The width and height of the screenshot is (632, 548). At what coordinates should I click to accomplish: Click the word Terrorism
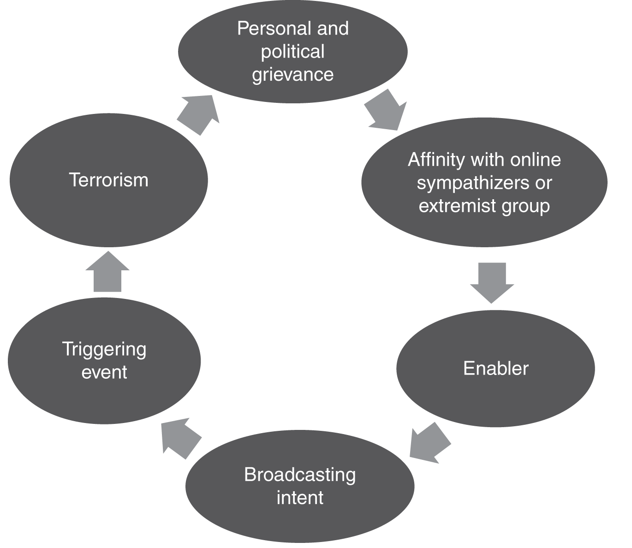coord(108,180)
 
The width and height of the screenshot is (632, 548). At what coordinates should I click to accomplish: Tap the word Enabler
coord(495,368)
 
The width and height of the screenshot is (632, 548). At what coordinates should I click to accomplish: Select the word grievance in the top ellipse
coord(292,75)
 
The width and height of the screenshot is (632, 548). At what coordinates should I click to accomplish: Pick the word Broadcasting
coord(300,475)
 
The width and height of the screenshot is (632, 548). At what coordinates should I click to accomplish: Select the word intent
coord(300,498)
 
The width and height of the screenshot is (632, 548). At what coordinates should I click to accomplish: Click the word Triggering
coord(104,350)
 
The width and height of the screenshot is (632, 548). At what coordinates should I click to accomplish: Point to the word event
coord(104,372)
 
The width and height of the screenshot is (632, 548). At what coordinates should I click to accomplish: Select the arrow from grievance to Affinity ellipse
coord(386,110)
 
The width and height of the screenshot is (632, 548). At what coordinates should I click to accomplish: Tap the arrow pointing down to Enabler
coord(492,283)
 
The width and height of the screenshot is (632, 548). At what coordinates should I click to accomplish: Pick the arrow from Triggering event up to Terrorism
coord(107,272)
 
